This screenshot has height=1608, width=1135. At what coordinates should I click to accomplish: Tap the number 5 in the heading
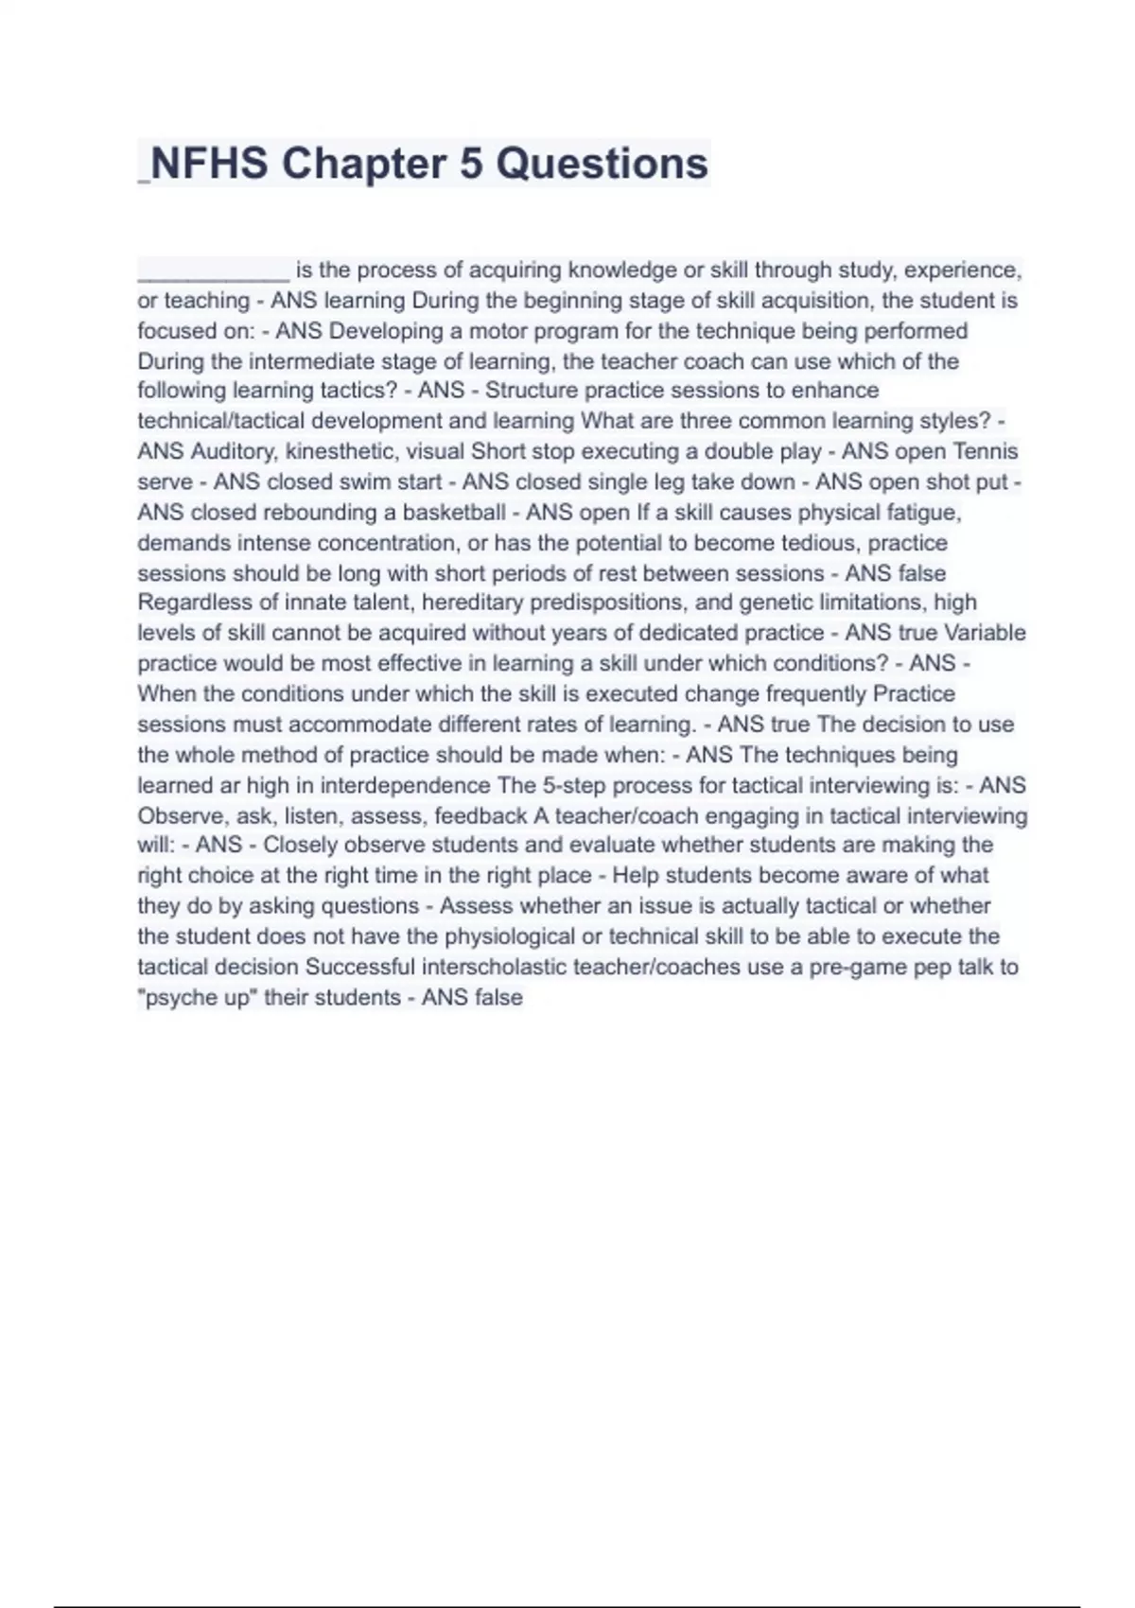(470, 164)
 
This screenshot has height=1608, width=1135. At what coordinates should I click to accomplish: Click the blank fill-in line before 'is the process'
(213, 272)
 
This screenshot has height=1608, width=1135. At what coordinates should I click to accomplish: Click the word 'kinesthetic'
(341, 451)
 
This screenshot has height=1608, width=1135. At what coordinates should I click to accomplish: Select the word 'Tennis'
(986, 451)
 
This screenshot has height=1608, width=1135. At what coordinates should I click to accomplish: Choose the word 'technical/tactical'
(221, 421)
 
